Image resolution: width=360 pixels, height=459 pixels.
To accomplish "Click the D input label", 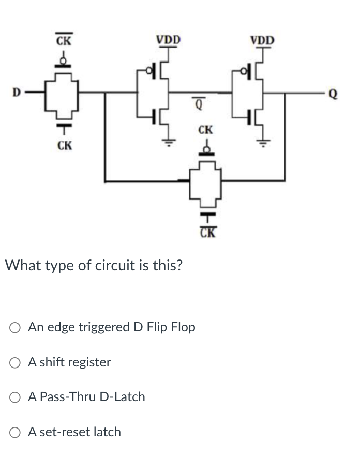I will pyautogui.click(x=16, y=93).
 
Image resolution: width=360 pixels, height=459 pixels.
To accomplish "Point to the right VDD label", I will pyautogui.click(x=263, y=40).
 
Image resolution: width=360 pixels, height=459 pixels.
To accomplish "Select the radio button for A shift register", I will pyautogui.click(x=15, y=362).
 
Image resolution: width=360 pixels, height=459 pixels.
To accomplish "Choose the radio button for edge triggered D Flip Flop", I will pyautogui.click(x=15, y=327).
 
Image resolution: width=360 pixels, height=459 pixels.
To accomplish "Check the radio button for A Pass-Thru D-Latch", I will pyautogui.click(x=15, y=397).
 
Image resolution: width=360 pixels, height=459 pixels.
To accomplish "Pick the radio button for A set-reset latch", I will pyautogui.click(x=15, y=432).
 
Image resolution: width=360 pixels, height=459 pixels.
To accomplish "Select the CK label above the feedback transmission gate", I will pyautogui.click(x=205, y=129).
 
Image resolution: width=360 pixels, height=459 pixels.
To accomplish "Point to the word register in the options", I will pyautogui.click(x=91, y=362).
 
